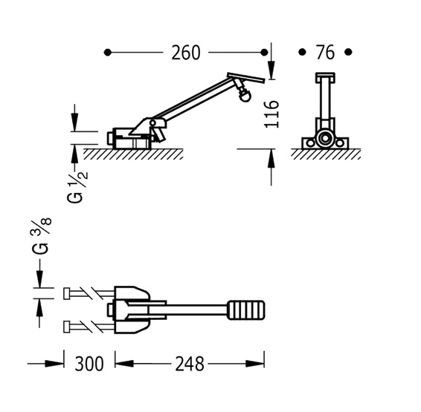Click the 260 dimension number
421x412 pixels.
pyautogui.click(x=186, y=53)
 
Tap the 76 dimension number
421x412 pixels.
pyautogui.click(x=325, y=53)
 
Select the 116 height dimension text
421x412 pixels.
pyautogui.click(x=271, y=114)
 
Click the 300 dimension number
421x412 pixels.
pyautogui.click(x=89, y=364)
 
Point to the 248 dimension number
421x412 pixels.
pyautogui.click(x=190, y=364)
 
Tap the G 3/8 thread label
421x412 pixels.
pyautogui.click(x=42, y=236)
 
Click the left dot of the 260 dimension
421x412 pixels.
pyautogui.click(x=107, y=52)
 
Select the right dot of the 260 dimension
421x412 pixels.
pyautogui.click(x=265, y=52)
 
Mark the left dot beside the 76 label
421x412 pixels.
pyautogui.click(x=302, y=52)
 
